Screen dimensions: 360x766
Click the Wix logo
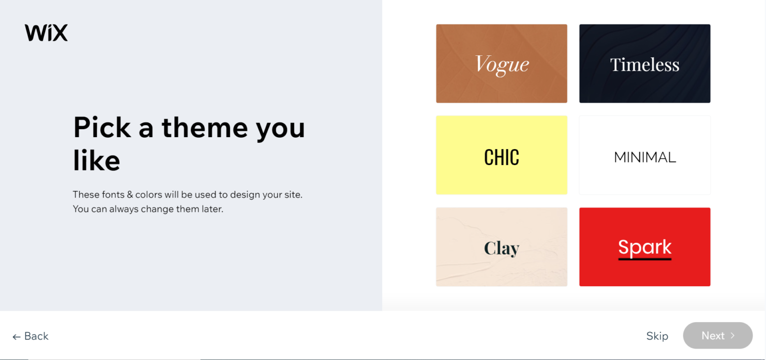(x=46, y=33)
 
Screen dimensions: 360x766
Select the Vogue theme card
(x=501, y=64)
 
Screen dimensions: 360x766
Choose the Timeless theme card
(x=644, y=64)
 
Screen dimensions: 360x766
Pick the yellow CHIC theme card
(x=501, y=155)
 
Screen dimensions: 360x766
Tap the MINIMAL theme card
(x=644, y=155)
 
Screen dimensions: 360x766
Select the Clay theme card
(x=501, y=247)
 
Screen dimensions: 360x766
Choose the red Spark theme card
(x=644, y=247)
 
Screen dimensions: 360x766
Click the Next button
(x=717, y=336)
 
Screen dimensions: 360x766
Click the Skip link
(x=657, y=336)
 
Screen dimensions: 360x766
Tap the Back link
(x=36, y=336)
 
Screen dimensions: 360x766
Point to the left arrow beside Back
(x=16, y=337)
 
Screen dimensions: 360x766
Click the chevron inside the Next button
(x=733, y=336)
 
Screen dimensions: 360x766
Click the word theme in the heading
(x=204, y=127)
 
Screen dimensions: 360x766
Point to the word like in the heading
(x=96, y=161)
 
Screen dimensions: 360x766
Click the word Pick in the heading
(x=102, y=127)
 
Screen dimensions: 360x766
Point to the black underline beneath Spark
(x=644, y=259)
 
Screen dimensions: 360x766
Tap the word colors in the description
(x=148, y=194)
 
